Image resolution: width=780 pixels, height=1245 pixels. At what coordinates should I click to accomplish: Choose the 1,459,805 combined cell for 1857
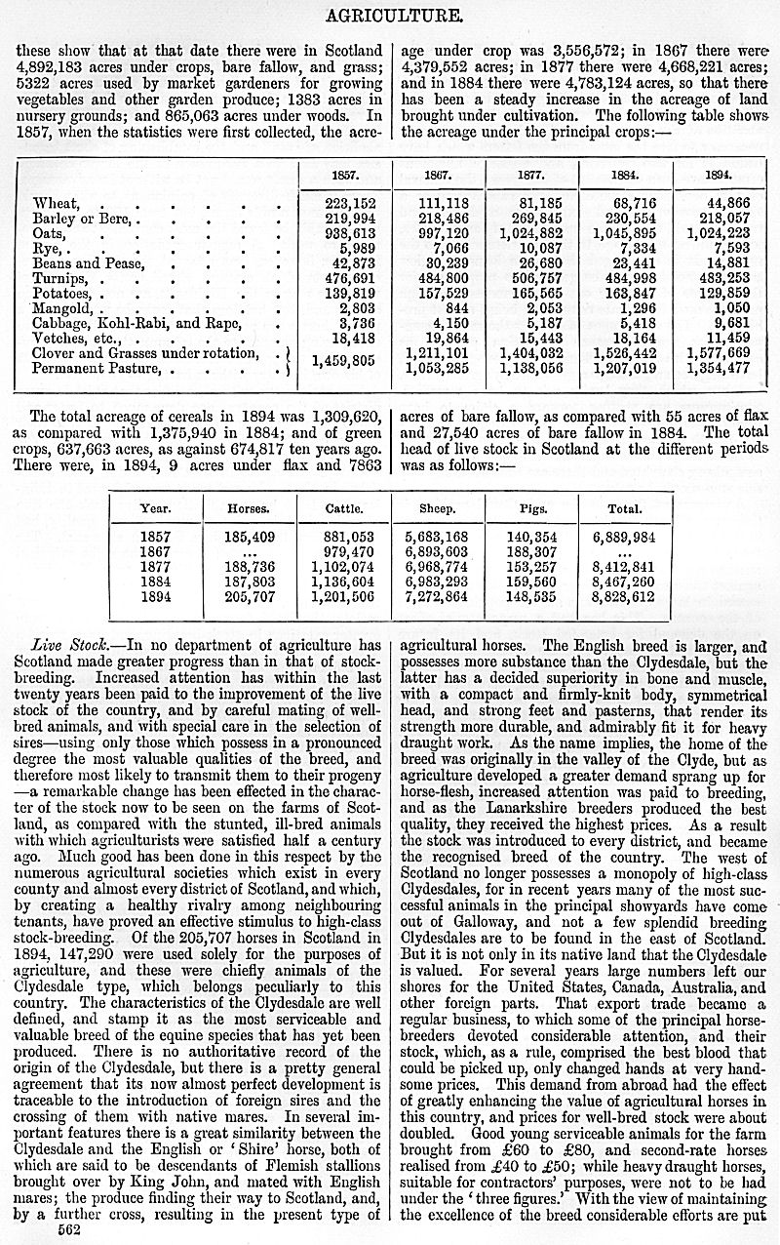(x=343, y=360)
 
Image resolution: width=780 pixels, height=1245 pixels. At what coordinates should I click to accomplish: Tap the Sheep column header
(x=436, y=508)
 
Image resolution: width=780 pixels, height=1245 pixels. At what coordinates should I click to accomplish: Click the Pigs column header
(x=531, y=508)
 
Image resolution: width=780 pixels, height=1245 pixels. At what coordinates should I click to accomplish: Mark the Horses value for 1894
(x=249, y=598)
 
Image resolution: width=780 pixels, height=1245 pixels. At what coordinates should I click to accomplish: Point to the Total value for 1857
(x=624, y=538)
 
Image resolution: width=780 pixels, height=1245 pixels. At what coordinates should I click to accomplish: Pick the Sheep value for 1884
(x=436, y=582)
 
